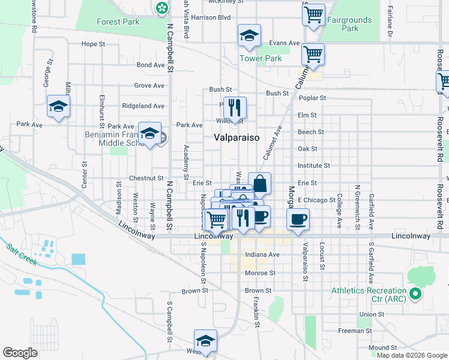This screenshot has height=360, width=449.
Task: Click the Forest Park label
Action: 118,22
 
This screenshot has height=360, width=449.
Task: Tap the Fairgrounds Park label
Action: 349,24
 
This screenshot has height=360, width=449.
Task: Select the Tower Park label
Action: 261,59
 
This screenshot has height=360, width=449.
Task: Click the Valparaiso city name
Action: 237,137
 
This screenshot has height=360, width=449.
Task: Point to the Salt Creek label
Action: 22,254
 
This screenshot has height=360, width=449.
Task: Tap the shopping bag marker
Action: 259,184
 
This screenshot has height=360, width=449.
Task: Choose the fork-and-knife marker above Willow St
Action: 235,108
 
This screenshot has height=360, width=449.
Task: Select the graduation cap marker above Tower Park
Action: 249,36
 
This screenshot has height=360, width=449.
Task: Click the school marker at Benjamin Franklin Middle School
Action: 149,134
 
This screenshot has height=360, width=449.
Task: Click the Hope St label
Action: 93,44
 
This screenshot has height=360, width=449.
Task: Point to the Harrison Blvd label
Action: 211,17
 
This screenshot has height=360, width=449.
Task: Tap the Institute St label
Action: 314,166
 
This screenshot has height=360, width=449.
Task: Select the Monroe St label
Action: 260,273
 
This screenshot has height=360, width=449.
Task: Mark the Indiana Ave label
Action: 262,255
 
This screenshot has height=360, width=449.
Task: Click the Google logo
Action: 20,353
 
